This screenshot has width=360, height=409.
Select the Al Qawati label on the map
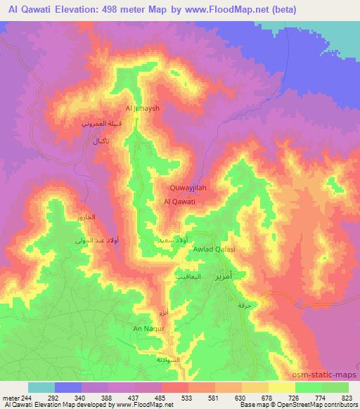pos(179,202)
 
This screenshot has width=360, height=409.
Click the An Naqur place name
pos(148,328)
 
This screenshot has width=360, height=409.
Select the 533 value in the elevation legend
pos(186,397)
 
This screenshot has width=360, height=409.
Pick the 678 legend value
pos(266,397)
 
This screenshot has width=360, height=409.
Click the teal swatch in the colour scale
pos(41,387)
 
